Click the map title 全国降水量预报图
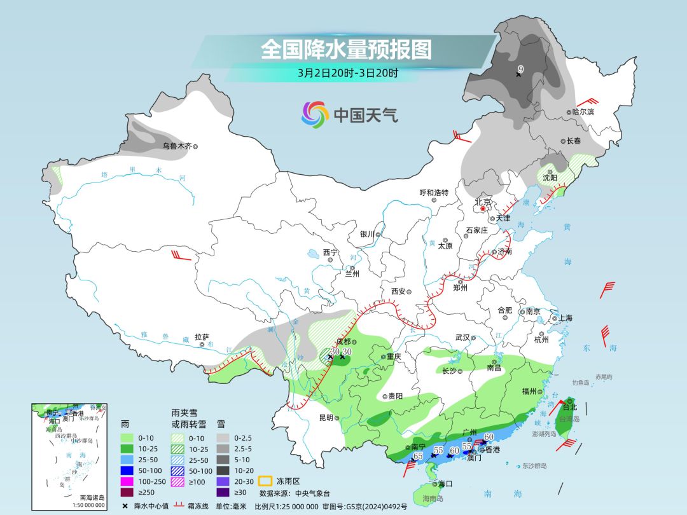[x=347, y=50]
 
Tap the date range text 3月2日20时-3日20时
[x=347, y=72]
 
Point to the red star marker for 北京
[x=483, y=209]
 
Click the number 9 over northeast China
[x=520, y=69]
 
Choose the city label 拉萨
[x=202, y=338]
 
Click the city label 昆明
[x=326, y=418]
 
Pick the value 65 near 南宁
[x=418, y=456]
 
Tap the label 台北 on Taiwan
[x=569, y=407]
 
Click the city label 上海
[x=565, y=318]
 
